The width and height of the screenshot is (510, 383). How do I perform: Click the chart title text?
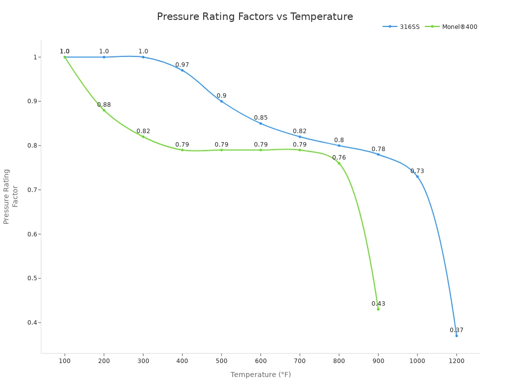coord(255,17)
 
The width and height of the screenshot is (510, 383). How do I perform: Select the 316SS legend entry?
coord(396,27)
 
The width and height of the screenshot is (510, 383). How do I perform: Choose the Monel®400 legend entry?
coord(453,27)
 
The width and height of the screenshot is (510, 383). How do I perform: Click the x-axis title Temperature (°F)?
coord(260,375)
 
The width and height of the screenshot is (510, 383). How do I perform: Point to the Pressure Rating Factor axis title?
coord(11,196)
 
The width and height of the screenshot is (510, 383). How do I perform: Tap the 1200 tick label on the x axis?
coord(456,361)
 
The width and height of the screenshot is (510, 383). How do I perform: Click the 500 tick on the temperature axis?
coord(222,361)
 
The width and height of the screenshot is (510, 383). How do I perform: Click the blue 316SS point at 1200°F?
coord(456,336)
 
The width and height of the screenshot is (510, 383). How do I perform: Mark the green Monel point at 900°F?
coord(378,309)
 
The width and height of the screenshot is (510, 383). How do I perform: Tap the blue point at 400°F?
coord(182,70)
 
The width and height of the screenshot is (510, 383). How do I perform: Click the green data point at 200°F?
coord(104,110)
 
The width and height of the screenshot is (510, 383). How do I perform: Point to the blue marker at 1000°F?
coord(417,177)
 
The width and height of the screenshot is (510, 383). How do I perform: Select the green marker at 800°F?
coord(339,163)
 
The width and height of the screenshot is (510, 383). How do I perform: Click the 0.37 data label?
coord(456,330)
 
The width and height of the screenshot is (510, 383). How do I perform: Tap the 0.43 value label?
coord(378,304)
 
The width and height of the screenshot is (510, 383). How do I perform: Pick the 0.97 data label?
coord(182,65)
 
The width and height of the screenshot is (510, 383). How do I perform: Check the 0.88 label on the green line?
coord(104,105)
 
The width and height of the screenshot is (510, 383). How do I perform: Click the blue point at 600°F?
coord(260,123)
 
